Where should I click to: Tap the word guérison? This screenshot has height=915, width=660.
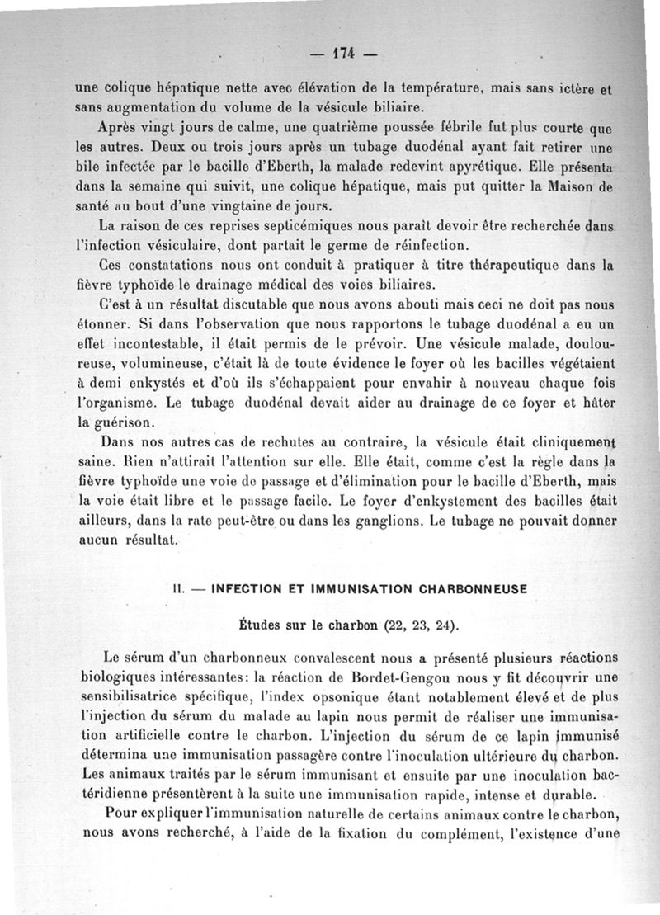click(x=111, y=423)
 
